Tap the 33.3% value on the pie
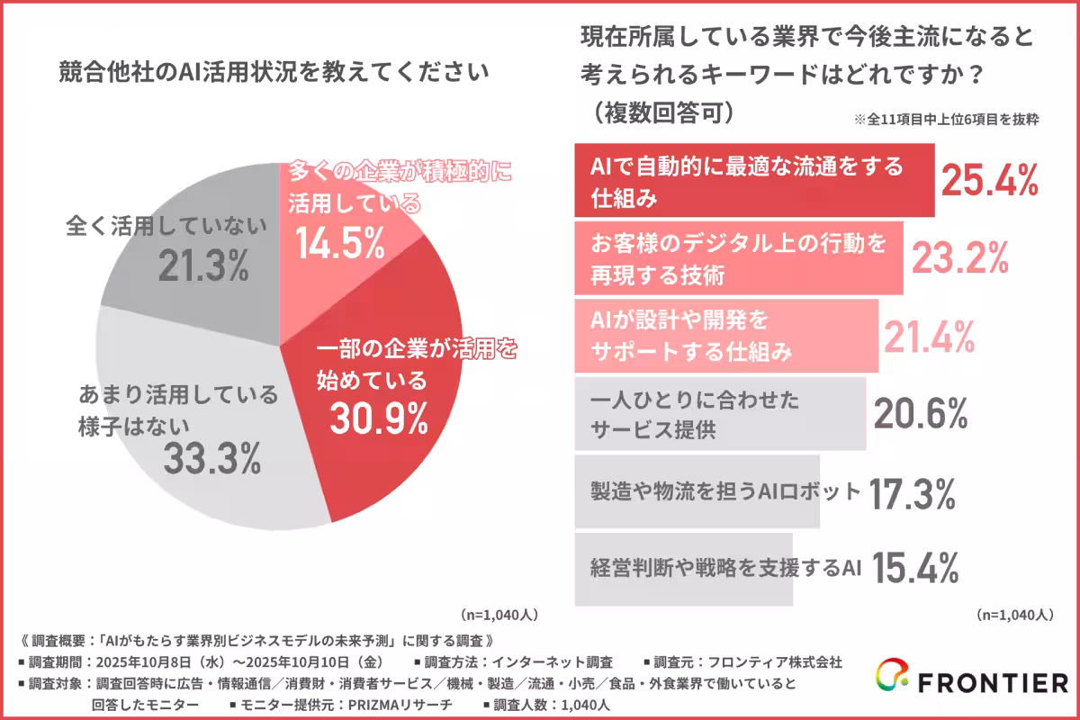tap(212, 459)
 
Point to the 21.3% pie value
tap(202, 265)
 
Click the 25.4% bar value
tap(990, 180)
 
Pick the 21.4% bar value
tap(930, 337)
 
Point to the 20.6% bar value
tap(921, 414)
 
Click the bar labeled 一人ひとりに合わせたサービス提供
tap(720, 414)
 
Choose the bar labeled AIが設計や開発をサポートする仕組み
tap(725, 337)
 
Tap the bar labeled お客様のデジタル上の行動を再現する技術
tap(738, 257)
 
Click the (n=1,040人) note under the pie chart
tap(499, 616)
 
